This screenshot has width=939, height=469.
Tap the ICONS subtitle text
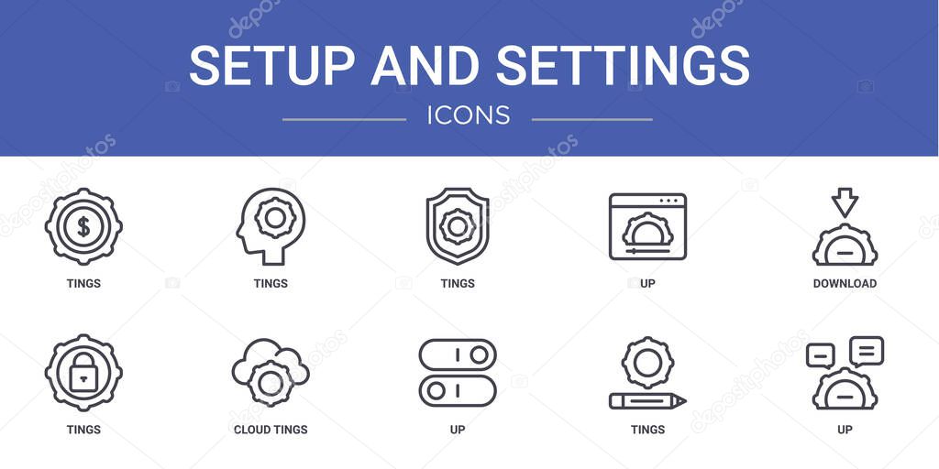(x=469, y=115)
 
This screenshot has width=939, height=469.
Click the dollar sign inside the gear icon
(x=83, y=226)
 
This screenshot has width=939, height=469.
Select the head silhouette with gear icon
(x=265, y=225)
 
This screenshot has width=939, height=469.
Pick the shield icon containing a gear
(x=457, y=226)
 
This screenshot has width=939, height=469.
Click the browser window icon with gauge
(x=647, y=226)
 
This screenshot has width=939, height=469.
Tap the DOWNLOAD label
(x=845, y=284)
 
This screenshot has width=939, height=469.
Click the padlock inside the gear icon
(x=83, y=372)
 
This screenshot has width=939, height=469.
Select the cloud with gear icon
(x=271, y=372)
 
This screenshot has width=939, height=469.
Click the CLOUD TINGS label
(x=271, y=430)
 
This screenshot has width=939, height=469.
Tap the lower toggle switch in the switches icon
(x=458, y=391)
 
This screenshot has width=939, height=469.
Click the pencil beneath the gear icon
(x=647, y=401)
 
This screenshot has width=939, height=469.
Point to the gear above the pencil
(x=647, y=362)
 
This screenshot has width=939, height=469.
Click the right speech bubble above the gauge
(x=867, y=351)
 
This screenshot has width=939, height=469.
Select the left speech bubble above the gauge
(x=820, y=355)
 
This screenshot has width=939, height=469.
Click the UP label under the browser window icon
(x=647, y=284)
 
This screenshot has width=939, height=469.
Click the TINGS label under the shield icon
(x=458, y=284)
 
